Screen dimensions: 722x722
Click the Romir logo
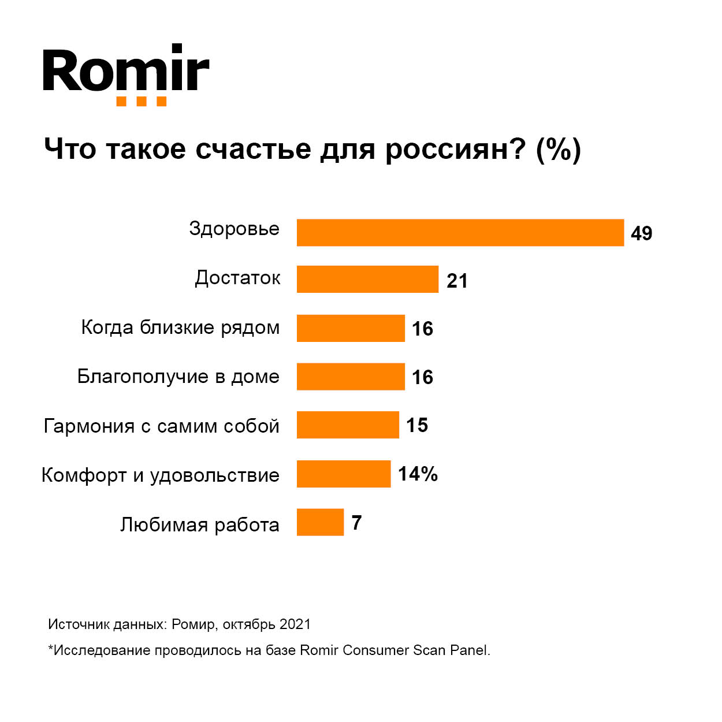(126, 74)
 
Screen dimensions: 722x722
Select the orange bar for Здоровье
(460, 233)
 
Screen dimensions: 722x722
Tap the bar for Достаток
(367, 279)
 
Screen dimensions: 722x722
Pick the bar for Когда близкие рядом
(351, 328)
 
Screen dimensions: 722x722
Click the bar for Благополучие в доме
(351, 377)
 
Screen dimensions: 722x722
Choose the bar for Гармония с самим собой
(348, 425)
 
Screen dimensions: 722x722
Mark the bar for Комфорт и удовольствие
(344, 474)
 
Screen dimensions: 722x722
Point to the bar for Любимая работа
(320, 522)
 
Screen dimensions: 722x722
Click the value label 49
(641, 233)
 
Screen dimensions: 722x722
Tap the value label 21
(457, 281)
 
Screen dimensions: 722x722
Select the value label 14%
(418, 474)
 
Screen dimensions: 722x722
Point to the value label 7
(356, 523)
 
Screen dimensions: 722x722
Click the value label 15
(417, 426)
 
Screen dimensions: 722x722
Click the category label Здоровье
(234, 229)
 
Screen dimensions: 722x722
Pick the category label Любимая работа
(199, 524)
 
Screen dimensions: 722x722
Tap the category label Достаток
(237, 278)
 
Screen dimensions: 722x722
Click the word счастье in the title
(253, 149)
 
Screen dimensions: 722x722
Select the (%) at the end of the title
(558, 150)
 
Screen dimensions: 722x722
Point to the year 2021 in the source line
(295, 624)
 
